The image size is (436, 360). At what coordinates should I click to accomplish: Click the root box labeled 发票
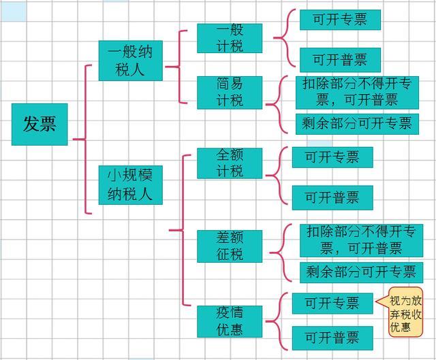coord(39,125)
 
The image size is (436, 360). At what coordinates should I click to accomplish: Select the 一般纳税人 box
coord(130,61)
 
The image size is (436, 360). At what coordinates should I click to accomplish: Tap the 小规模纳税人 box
coord(130,184)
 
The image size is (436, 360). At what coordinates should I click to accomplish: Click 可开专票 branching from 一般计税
coord(339,20)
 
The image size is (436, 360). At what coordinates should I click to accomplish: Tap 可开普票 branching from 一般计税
coord(339,59)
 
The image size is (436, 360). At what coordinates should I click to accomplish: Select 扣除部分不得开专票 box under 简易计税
coord(356,92)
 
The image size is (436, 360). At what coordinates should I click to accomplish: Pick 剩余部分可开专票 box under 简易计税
coord(356,122)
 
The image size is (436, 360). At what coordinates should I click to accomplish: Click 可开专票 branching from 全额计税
coord(332,158)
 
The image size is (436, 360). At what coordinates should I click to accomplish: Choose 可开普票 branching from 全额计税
coord(332,197)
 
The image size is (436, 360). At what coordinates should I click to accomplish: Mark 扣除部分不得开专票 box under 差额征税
coord(361,239)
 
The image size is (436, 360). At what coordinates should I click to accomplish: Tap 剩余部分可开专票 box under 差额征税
coord(361,272)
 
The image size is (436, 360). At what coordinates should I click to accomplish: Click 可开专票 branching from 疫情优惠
coord(332,303)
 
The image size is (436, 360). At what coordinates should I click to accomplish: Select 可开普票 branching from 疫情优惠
coord(332,338)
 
